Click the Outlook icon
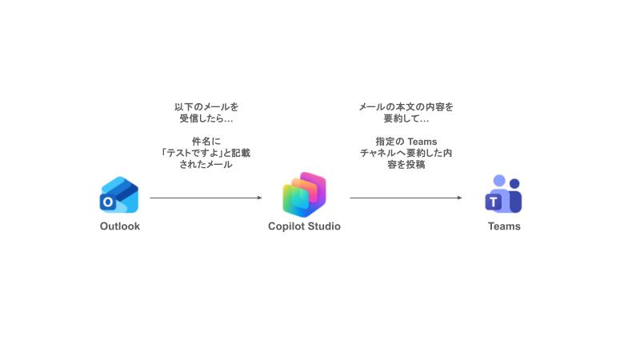tap(119, 194)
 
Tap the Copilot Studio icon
tap(304, 194)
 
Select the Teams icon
tap(504, 194)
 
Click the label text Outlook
tap(120, 226)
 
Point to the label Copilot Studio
tap(304, 226)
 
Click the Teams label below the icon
tap(504, 226)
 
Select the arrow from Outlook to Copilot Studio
tap(204, 198)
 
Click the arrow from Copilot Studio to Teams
tap(404, 198)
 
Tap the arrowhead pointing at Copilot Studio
tap(259, 198)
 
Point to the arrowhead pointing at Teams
tap(459, 198)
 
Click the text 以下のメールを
tap(206, 106)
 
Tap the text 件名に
tap(206, 142)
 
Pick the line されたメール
tap(206, 165)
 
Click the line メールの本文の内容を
tap(406, 106)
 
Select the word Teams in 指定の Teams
tap(422, 142)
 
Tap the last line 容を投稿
tap(406, 165)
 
